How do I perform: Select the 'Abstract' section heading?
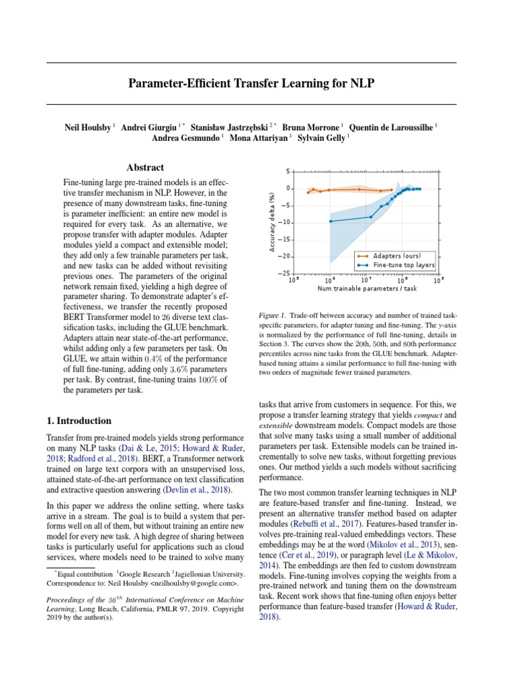pos(145,168)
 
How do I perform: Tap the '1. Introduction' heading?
pos(79,421)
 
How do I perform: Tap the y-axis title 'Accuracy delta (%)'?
pos(273,222)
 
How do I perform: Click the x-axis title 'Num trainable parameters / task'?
pos(367,288)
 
